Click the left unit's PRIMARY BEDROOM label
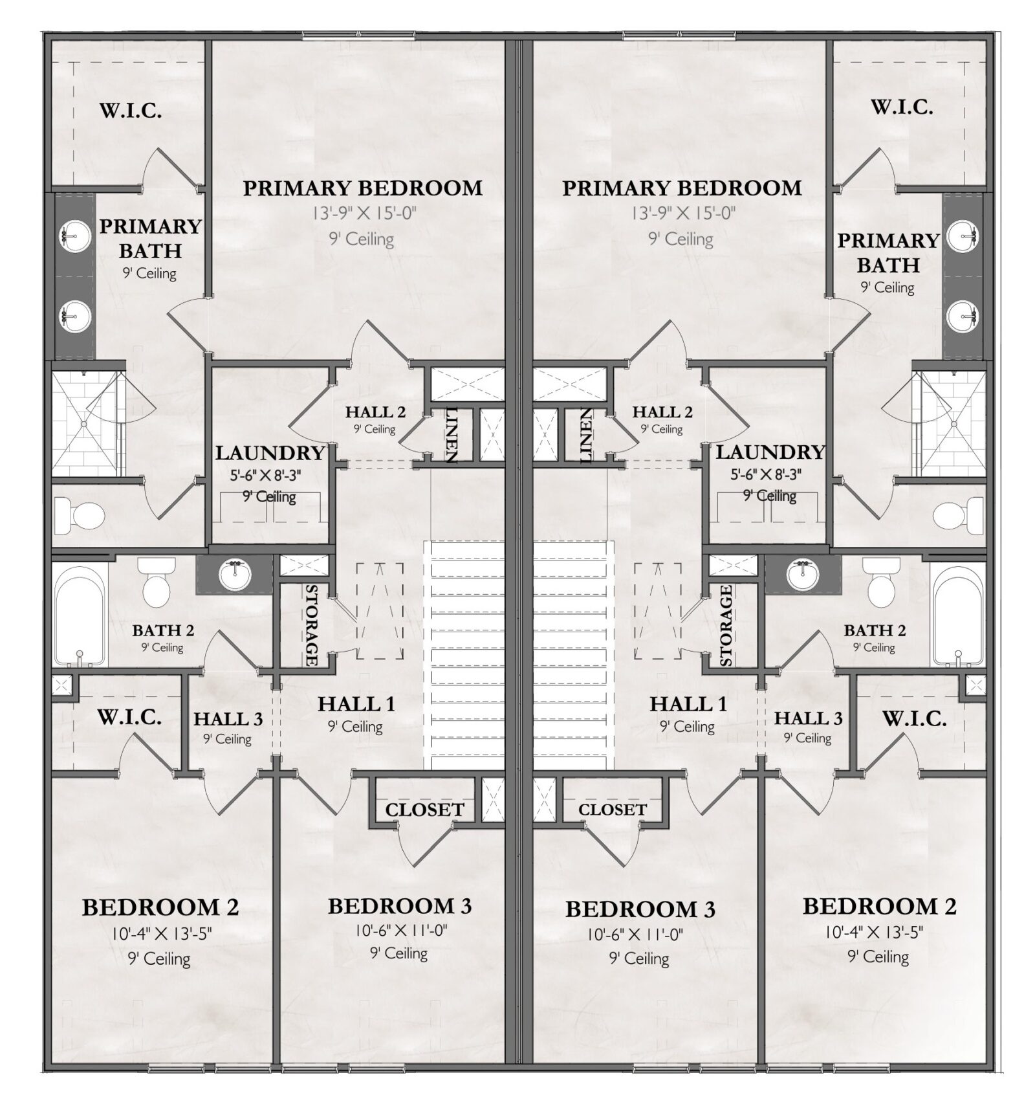point(362,188)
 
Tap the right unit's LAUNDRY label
point(770,452)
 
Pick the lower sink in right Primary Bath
point(964,316)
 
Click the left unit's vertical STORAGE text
point(310,625)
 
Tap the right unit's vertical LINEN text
point(585,436)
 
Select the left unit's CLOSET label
point(424,810)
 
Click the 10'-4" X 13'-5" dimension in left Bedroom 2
point(160,933)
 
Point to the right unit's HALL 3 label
point(808,718)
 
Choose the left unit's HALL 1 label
point(356,703)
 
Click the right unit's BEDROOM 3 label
point(640,909)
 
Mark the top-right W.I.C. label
point(902,107)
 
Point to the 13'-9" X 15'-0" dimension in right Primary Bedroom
point(683,213)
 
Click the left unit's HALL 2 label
point(375,412)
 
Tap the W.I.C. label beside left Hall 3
point(129,717)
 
